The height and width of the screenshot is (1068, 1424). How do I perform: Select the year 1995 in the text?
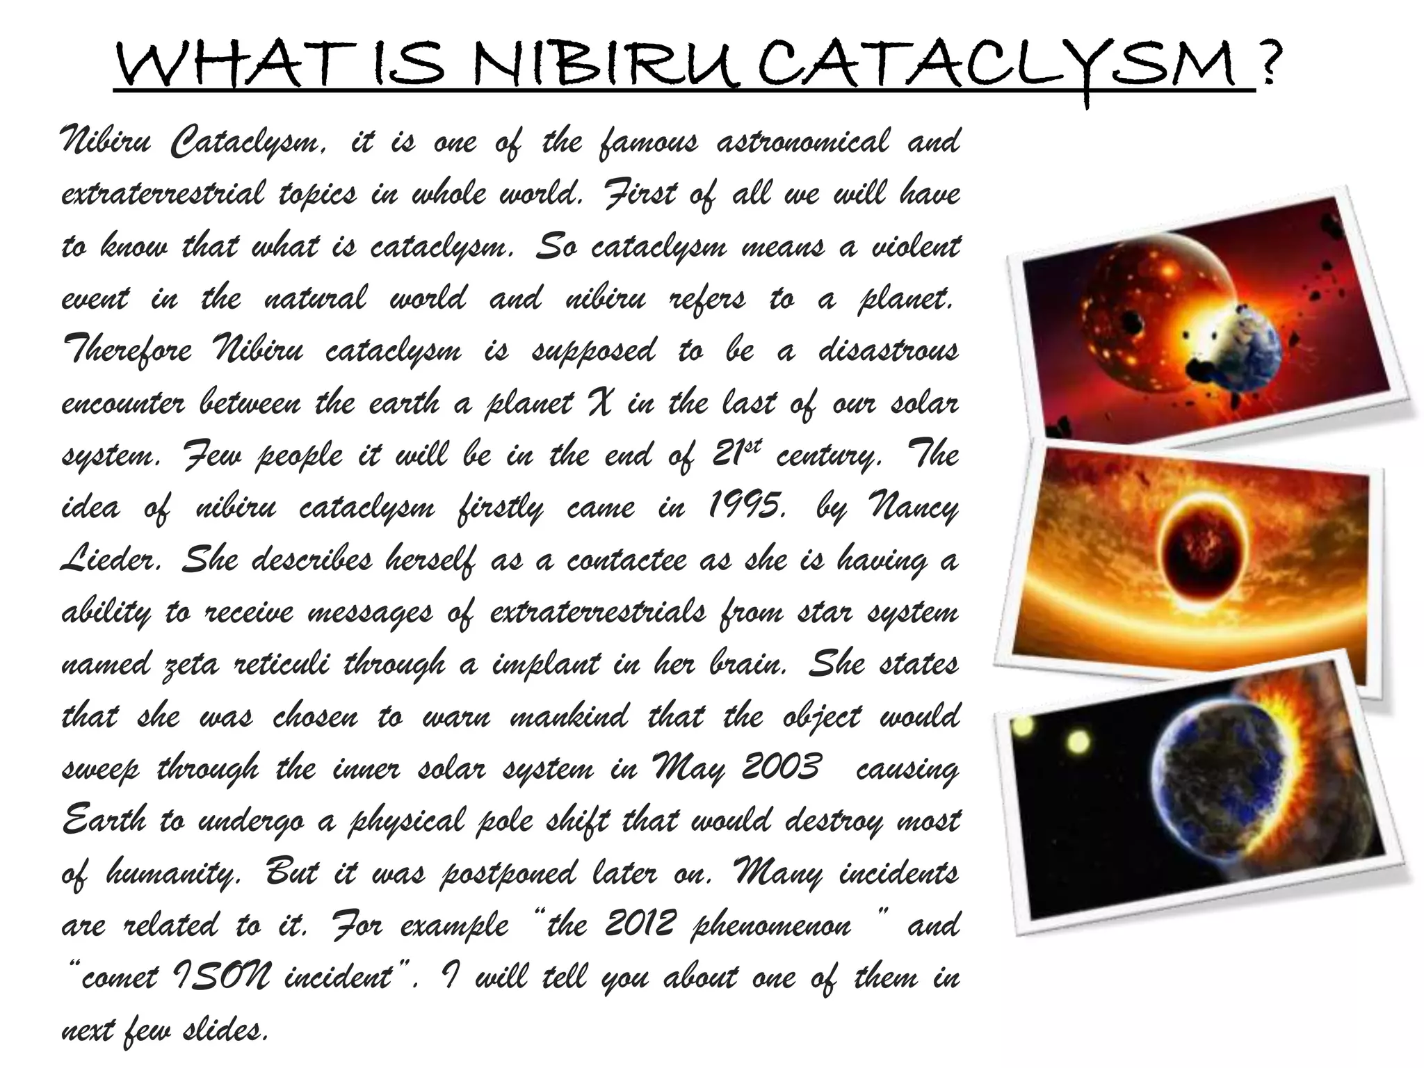point(747,506)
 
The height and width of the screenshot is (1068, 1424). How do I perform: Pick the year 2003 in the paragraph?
point(782,768)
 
